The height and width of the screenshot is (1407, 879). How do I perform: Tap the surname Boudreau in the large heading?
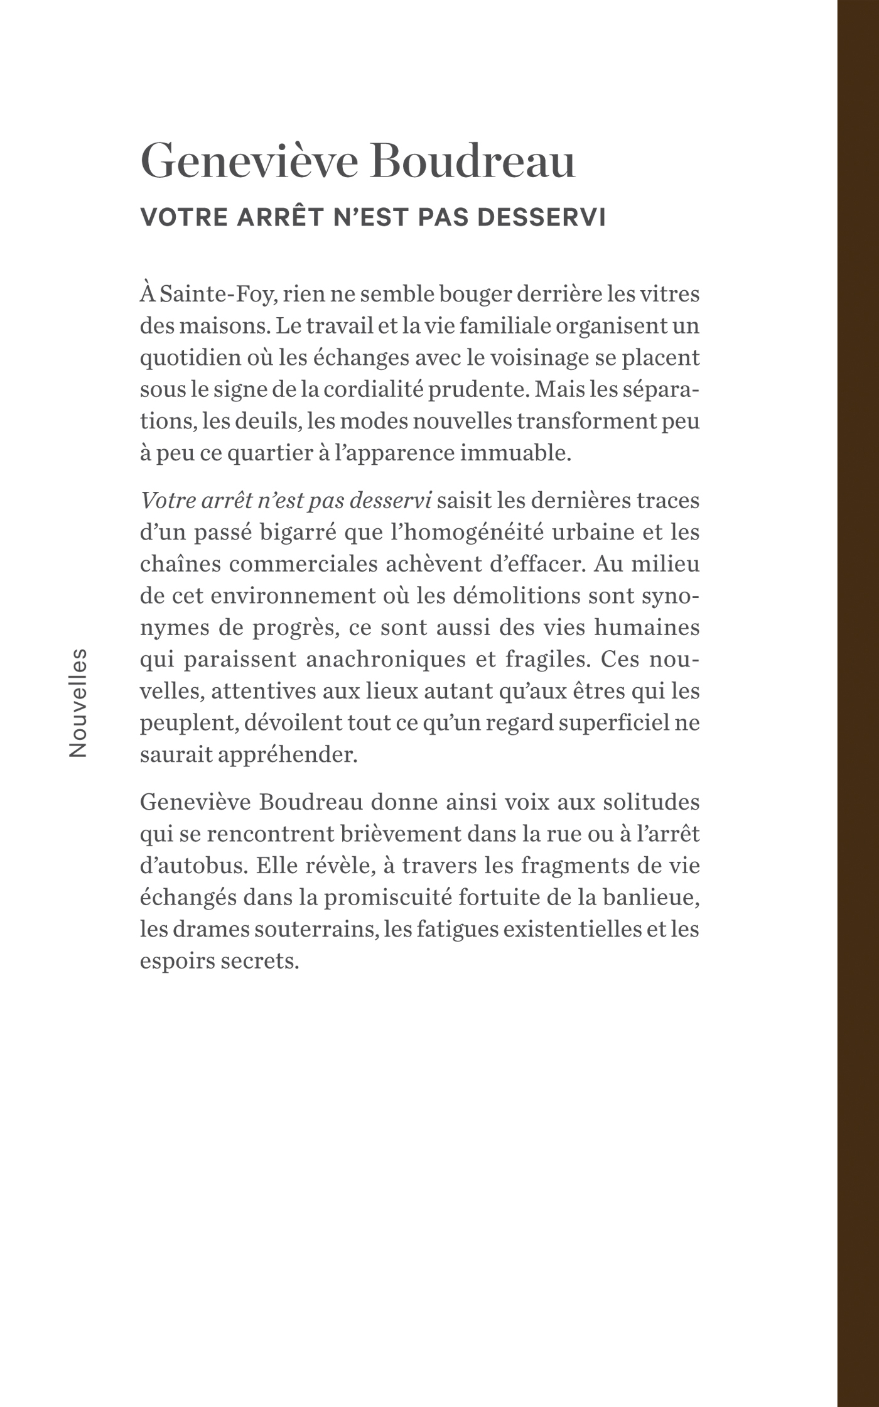[x=473, y=161]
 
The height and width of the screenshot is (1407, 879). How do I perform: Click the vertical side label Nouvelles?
[x=78, y=702]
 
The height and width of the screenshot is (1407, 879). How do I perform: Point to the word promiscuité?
[x=388, y=897]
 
